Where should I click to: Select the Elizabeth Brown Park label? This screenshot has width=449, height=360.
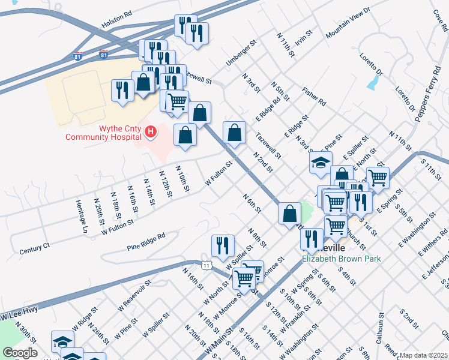coord(342,259)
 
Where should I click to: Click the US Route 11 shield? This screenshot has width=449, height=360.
coord(206,265)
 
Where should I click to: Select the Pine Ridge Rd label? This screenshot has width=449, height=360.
coord(145,242)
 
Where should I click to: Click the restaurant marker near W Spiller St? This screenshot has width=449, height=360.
coord(222,245)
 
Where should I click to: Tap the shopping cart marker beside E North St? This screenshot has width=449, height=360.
coord(378,178)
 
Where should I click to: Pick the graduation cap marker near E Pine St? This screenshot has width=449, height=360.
coord(321,162)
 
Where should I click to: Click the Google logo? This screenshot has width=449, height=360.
coord(20,352)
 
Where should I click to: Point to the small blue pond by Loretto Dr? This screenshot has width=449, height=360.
coord(372,84)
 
